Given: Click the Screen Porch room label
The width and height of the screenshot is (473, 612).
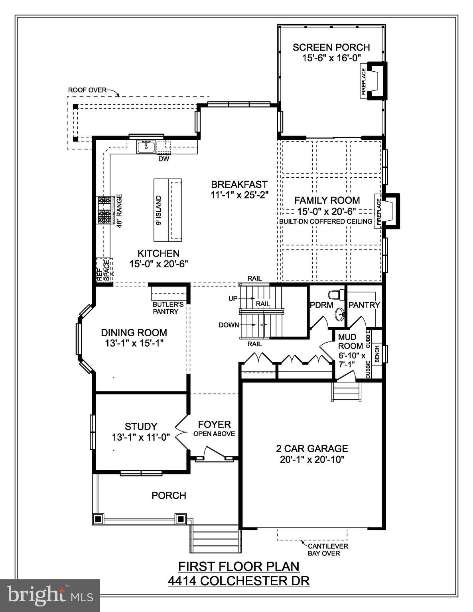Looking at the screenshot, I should (x=331, y=47).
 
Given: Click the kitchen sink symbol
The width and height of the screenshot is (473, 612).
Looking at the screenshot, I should (x=146, y=147).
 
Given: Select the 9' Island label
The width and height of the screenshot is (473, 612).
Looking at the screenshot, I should (x=159, y=210).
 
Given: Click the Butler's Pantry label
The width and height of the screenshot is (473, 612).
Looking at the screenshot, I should (x=168, y=308).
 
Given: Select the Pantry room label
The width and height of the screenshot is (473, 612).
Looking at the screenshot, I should (x=364, y=305).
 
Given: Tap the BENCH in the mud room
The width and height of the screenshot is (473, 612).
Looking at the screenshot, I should (x=377, y=353).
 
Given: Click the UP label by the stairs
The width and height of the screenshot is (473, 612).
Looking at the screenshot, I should (x=233, y=298).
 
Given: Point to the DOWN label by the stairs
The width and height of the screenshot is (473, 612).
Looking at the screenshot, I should (x=229, y=325).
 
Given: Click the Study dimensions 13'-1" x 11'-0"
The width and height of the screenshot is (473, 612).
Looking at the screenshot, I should (x=141, y=437).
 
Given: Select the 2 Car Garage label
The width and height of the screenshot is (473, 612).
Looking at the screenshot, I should (x=312, y=449).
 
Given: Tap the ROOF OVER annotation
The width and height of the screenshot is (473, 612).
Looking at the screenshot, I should (x=87, y=90).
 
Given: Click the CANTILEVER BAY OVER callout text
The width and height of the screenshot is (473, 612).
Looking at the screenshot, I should (x=327, y=549).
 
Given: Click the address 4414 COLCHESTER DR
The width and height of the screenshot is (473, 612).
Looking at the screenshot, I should (x=238, y=581).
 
